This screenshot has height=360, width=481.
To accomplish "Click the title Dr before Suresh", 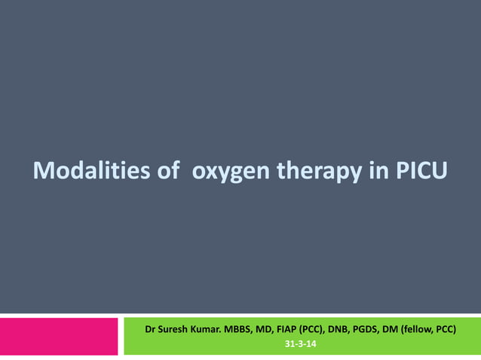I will pyautogui.click(x=152, y=330).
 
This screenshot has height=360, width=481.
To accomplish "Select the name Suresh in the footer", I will pyautogui.click(x=176, y=330).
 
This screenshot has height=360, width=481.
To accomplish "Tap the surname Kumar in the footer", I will pyautogui.click(x=213, y=330).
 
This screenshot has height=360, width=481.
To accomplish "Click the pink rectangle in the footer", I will pyautogui.click(x=59, y=336).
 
